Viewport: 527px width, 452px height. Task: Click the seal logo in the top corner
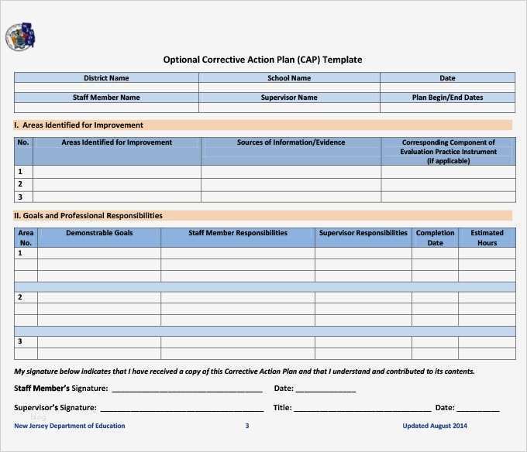point(20,37)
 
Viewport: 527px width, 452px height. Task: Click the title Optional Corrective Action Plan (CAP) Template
point(262,60)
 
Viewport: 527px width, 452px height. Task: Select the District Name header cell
point(106,78)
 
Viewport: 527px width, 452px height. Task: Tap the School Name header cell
point(289,78)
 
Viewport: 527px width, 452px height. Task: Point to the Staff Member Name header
point(106,98)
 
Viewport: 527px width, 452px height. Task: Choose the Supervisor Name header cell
point(289,98)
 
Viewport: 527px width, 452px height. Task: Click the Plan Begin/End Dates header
point(447,98)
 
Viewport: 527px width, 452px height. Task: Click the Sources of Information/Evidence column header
point(291,142)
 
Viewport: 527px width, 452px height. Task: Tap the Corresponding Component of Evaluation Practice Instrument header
point(448,152)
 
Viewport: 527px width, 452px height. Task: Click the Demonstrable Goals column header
point(99,233)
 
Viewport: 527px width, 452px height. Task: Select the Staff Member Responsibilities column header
point(237,233)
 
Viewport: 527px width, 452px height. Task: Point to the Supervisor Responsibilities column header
point(363,233)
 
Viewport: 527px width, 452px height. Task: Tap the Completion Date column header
point(435,238)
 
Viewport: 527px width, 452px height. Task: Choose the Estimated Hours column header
point(487,238)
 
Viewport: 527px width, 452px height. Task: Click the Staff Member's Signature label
point(61,389)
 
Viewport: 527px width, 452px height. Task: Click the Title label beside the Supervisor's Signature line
point(282,407)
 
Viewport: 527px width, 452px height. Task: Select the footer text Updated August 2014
point(435,426)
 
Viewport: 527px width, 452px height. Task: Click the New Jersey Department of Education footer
point(70,426)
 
